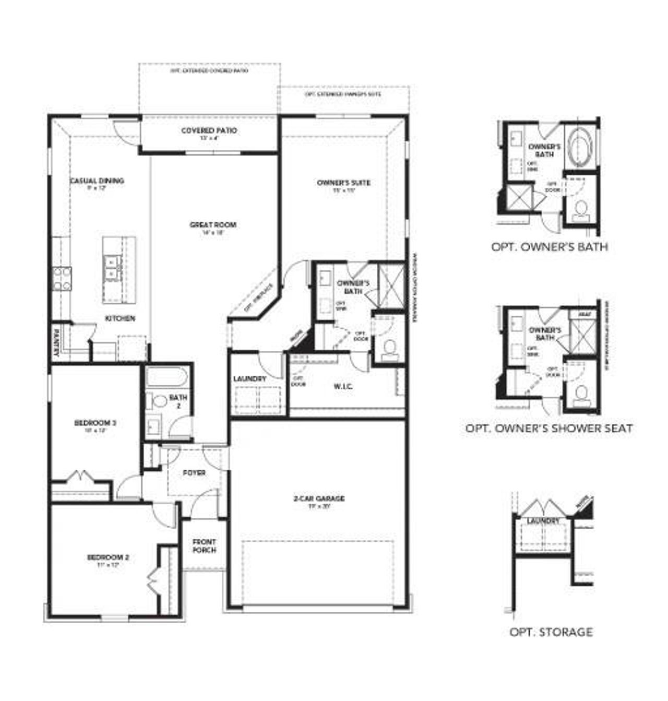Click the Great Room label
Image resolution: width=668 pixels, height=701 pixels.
tap(212, 225)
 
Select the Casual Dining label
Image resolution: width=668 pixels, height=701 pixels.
tap(97, 181)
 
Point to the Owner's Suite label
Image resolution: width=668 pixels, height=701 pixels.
tap(343, 183)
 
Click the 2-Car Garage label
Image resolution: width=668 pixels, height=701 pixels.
tap(319, 498)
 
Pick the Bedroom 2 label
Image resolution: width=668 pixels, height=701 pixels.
tap(108, 557)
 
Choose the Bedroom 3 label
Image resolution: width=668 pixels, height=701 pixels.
tap(94, 422)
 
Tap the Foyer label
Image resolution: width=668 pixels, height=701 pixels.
tap(194, 473)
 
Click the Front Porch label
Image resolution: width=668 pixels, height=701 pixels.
tap(204, 546)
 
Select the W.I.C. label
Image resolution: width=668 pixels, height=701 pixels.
tap(343, 386)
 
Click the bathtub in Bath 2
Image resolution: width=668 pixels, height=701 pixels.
tap(166, 377)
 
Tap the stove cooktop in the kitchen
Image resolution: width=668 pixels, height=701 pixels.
tap(62, 278)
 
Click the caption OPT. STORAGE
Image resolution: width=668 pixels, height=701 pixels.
tap(551, 632)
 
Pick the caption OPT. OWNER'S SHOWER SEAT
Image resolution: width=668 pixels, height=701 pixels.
tap(549, 429)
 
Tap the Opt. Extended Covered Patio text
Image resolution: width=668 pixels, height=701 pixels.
tap(209, 70)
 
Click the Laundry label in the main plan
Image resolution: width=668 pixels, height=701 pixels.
tap(250, 378)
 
